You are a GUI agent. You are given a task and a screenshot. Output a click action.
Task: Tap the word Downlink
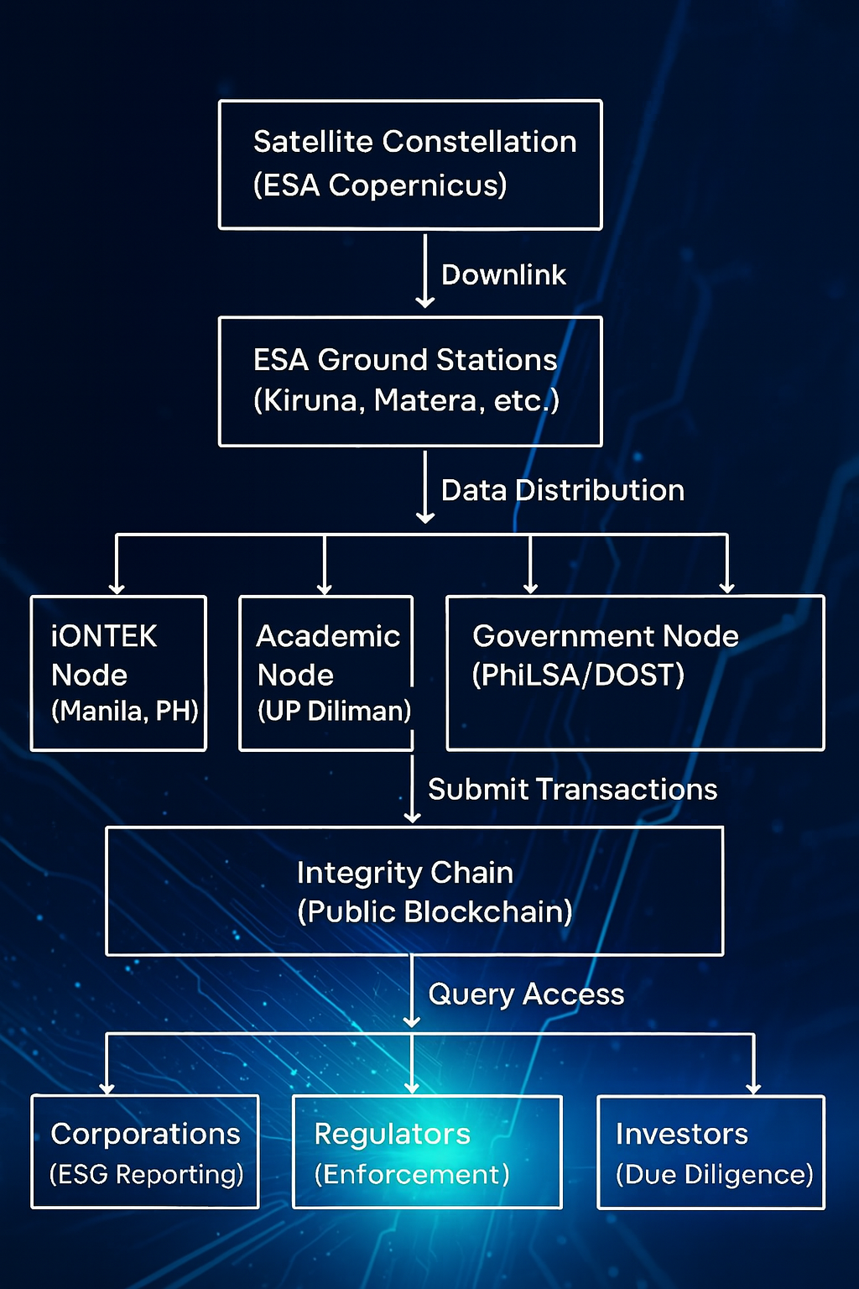click(x=503, y=274)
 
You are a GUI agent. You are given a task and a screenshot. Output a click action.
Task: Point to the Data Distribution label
click(x=562, y=490)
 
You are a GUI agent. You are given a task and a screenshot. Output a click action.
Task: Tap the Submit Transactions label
click(x=572, y=789)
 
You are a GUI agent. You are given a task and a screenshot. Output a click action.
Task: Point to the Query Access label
click(x=526, y=994)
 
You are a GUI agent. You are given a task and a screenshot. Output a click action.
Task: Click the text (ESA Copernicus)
click(x=380, y=185)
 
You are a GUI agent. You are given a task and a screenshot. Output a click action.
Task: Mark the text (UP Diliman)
click(x=334, y=711)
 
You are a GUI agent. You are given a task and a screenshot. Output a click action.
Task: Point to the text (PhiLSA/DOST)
click(x=578, y=675)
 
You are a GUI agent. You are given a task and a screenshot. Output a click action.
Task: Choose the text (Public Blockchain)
click(x=435, y=912)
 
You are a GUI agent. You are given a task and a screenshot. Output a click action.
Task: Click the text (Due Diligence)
click(x=714, y=1174)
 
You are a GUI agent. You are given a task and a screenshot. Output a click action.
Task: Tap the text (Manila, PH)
click(x=124, y=711)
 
